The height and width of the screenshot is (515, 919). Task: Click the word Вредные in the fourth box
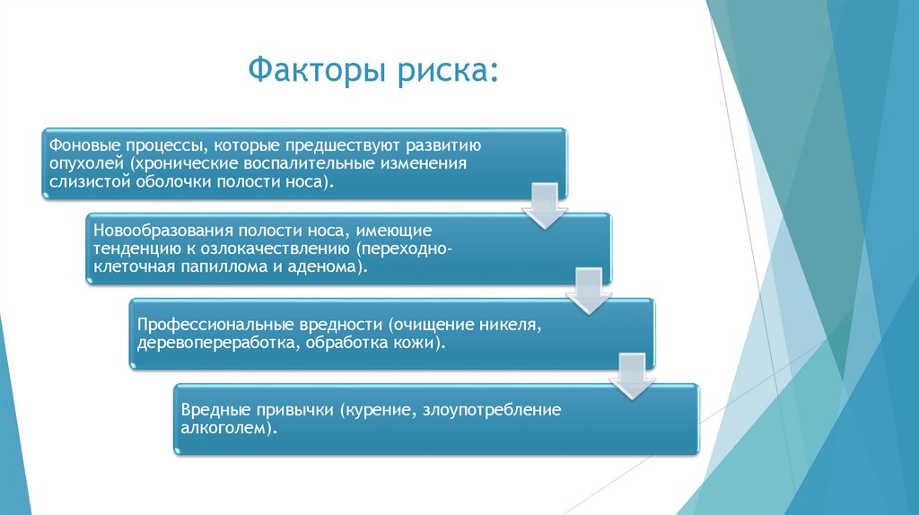(213, 409)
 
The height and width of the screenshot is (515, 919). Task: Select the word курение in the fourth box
(378, 409)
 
